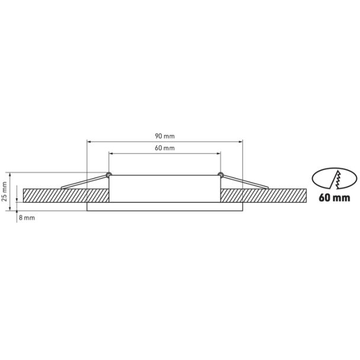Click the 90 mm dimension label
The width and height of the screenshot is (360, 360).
click(165, 136)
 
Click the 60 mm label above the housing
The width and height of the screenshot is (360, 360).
click(165, 148)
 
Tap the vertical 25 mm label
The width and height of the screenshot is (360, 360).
click(4, 191)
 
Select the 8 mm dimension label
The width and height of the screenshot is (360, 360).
click(27, 218)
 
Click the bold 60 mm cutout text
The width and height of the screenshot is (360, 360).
click(335, 198)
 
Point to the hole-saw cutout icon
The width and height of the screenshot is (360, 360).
click(335, 178)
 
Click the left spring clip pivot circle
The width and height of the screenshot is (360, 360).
click(109, 174)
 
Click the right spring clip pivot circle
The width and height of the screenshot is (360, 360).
click(220, 174)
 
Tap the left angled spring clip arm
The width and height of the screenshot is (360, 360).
click(84, 182)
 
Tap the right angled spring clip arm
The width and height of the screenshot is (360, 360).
click(246, 182)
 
